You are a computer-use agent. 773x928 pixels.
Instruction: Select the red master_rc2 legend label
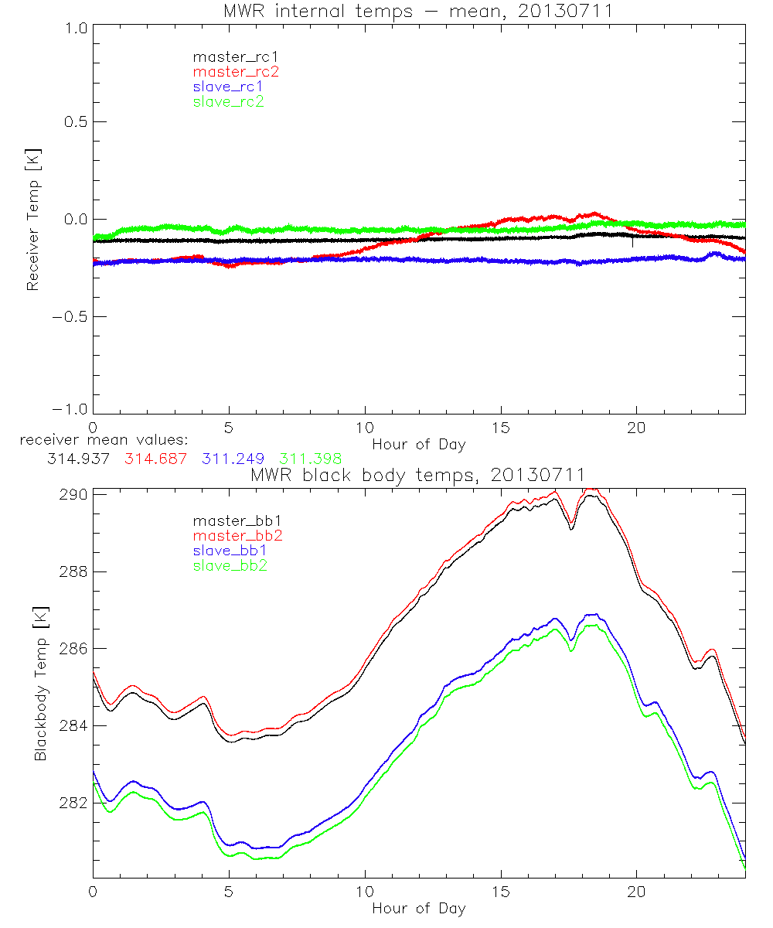click(235, 72)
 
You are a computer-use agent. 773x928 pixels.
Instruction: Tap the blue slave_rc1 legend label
click(228, 87)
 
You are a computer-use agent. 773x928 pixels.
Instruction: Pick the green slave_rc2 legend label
click(228, 101)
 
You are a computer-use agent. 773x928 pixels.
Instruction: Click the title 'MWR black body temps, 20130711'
click(418, 474)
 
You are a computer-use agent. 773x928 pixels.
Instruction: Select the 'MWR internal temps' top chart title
click(418, 10)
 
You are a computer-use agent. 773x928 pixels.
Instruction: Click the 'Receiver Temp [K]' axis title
click(32, 220)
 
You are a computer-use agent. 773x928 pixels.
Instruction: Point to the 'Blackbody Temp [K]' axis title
click(40, 684)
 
